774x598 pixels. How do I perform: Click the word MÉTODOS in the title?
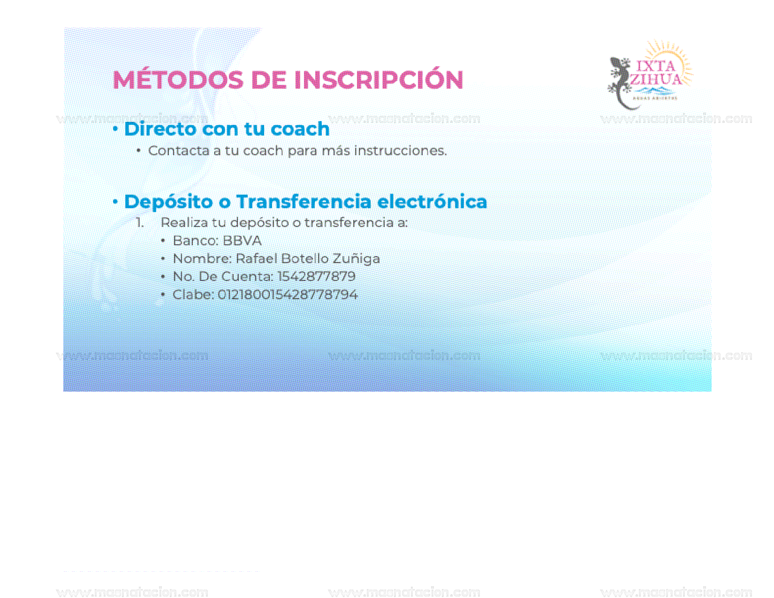[177, 80]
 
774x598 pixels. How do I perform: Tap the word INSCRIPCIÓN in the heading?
[379, 80]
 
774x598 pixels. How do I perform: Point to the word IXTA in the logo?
[655, 66]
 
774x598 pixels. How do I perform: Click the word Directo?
[160, 129]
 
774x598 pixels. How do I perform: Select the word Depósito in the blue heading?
[168, 202]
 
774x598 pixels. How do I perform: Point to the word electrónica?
[432, 202]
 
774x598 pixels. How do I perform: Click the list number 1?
[139, 223]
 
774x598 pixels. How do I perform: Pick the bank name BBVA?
[242, 241]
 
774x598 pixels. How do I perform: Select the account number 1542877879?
[317, 276]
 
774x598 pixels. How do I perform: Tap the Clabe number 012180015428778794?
[288, 295]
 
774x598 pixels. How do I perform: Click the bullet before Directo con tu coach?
[115, 129]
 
